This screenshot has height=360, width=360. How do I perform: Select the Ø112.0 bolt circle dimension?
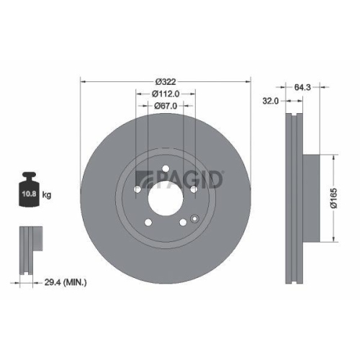(165, 93)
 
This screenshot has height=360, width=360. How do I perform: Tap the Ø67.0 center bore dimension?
(165, 105)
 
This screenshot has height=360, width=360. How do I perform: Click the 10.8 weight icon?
(29, 193)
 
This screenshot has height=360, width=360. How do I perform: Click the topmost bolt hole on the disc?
(165, 171)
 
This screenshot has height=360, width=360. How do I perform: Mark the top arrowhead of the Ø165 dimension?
(333, 155)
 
